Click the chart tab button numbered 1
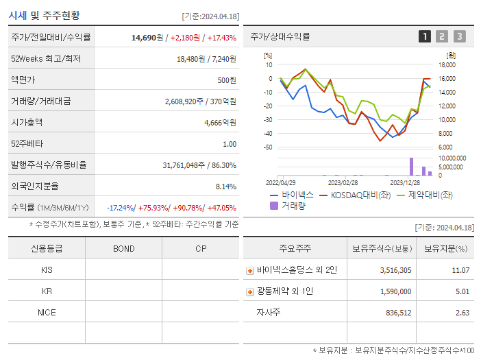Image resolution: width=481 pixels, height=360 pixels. (425, 36)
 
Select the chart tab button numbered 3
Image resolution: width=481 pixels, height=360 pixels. (459, 36)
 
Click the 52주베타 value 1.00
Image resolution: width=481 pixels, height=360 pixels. (230, 144)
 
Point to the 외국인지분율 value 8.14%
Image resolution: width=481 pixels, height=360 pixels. (225, 186)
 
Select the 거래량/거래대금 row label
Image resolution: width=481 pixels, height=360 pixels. (40, 101)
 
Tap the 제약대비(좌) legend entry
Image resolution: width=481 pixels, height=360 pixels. (425, 195)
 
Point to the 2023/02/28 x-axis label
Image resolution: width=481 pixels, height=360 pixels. (343, 182)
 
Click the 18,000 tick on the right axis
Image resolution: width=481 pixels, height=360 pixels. (447, 65)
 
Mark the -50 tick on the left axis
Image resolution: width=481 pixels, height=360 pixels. (268, 147)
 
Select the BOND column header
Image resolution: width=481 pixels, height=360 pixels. (123, 248)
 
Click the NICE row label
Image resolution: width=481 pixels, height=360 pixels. (47, 312)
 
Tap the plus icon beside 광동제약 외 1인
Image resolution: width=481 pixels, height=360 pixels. (250, 292)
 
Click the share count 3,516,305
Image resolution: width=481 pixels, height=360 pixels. (395, 270)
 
